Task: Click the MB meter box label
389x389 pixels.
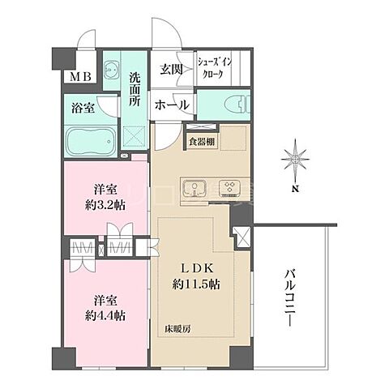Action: (80, 77)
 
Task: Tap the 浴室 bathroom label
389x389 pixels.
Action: (83, 109)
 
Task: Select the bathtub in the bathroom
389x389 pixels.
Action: (91, 141)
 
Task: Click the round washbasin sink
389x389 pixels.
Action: (111, 70)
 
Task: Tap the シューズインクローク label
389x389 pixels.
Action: (215, 68)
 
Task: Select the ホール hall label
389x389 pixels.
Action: (172, 105)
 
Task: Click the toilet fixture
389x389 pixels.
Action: (237, 105)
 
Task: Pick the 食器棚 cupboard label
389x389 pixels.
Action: (202, 142)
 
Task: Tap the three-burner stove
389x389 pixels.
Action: (230, 188)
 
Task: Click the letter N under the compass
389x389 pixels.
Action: (296, 189)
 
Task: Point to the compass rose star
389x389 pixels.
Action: (296, 160)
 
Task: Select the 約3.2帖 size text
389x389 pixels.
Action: (105, 206)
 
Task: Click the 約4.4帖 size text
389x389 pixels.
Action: (105, 315)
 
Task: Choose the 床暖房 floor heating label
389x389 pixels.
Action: (178, 329)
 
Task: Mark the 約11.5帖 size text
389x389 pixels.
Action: (196, 284)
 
